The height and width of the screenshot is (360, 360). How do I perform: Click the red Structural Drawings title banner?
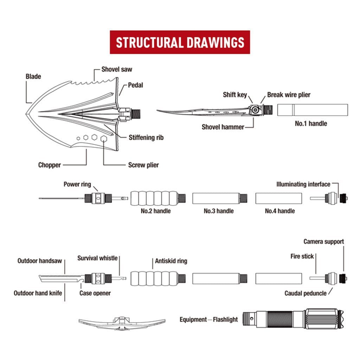(x=180, y=42)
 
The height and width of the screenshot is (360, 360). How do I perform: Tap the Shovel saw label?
(x=117, y=69)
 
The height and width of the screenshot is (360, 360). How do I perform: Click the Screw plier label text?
(x=143, y=165)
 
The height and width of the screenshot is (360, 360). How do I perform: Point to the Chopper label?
(x=50, y=165)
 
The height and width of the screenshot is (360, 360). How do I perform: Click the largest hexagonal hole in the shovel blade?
(x=104, y=139)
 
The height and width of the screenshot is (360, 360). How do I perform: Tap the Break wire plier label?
(x=289, y=95)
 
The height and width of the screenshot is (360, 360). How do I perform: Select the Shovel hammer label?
(x=223, y=127)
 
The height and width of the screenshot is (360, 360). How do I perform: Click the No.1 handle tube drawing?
(x=313, y=110)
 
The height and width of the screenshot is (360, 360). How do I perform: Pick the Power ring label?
(x=77, y=184)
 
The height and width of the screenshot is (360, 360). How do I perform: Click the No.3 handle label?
(x=219, y=211)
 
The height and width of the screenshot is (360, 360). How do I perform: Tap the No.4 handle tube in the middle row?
(x=278, y=198)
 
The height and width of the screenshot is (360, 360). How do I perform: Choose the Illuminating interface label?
(x=303, y=184)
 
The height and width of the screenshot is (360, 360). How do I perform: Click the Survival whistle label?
(x=97, y=258)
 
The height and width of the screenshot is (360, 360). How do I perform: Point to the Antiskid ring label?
(x=171, y=261)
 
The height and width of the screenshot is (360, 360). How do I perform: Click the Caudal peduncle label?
(x=306, y=293)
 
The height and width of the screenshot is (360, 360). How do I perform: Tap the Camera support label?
(x=323, y=242)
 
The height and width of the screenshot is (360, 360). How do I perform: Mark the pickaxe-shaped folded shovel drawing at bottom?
(x=122, y=322)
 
